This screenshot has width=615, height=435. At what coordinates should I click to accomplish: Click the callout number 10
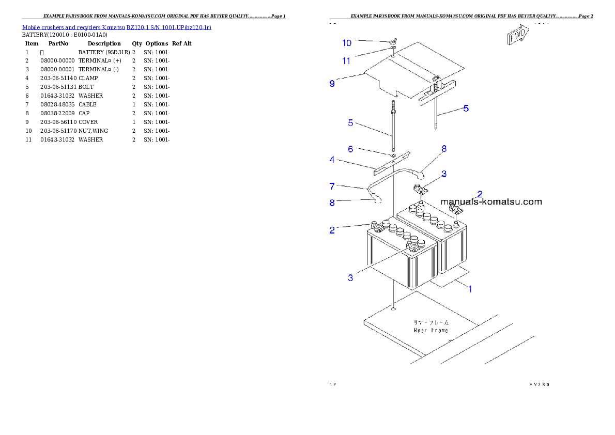(346, 43)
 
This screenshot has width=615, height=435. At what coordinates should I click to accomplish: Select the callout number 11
(346, 60)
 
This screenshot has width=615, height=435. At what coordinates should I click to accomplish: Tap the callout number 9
(332, 83)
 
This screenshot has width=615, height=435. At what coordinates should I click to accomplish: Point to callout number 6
(350, 149)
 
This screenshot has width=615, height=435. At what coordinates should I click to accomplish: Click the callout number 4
(332, 160)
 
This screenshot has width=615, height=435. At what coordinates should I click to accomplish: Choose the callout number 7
(332, 185)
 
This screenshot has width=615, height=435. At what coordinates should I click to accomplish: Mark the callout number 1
(470, 289)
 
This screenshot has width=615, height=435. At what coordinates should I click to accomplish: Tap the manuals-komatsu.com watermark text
(491, 202)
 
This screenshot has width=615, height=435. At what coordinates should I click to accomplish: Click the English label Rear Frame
(431, 330)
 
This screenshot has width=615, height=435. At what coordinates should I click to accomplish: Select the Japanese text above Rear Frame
(431, 322)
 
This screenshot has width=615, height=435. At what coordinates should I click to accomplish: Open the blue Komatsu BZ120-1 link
(116, 27)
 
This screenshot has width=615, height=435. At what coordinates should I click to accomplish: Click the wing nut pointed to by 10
(392, 41)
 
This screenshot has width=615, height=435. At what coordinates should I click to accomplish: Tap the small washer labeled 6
(393, 154)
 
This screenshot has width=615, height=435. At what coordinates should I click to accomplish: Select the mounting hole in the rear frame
(394, 309)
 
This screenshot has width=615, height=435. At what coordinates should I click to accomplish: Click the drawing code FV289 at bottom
(539, 384)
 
